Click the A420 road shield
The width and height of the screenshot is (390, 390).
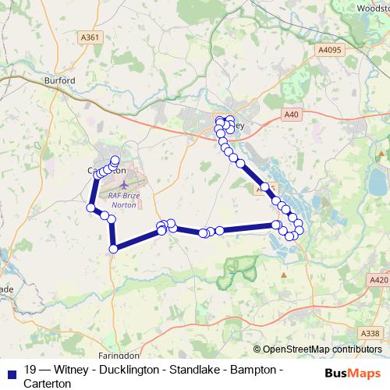click(378, 279)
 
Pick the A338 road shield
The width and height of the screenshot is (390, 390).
click(372, 333)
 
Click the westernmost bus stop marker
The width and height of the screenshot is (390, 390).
click(91, 207)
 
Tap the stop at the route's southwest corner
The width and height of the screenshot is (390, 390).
click(114, 249)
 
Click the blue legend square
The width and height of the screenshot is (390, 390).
click(12, 371)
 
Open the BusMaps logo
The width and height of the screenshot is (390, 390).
click(353, 372)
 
